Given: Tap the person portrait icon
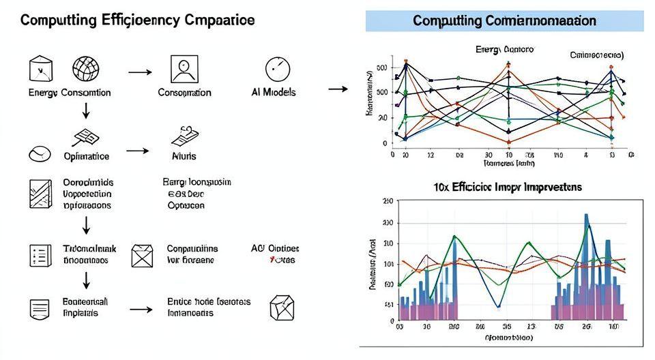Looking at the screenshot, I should coord(184,69).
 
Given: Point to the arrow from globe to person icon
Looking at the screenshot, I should coord(139,71).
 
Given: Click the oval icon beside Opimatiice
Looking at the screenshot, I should coord(40,155).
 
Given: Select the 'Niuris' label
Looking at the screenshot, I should coord(183,156).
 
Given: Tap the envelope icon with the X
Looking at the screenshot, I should coord(143,255).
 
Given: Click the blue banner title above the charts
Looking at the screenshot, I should coord(504,21).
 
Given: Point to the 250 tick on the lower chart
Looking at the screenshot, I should coord(388,201).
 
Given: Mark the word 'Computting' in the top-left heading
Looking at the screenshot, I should coord(50,20).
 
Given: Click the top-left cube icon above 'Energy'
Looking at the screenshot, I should coord(40,68).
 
